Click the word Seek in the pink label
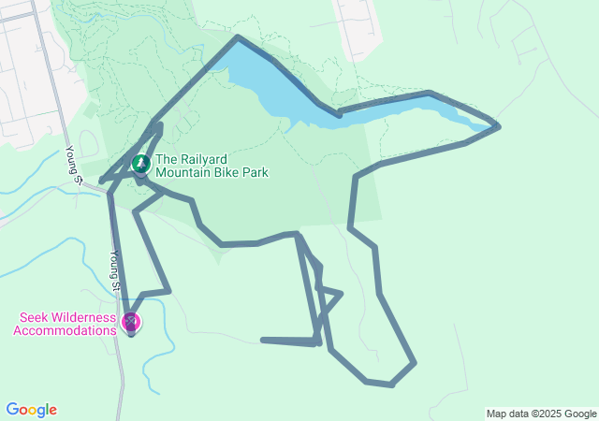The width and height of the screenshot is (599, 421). pyautogui.click(x=33, y=317)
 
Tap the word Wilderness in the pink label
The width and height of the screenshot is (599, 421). pyautogui.click(x=83, y=317)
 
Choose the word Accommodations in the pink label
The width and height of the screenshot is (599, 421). pyautogui.click(x=66, y=329)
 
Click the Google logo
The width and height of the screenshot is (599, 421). pyautogui.click(x=31, y=410)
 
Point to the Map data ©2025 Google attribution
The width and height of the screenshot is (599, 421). pyautogui.click(x=541, y=414)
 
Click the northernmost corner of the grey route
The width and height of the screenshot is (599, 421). pyautogui.click(x=238, y=37)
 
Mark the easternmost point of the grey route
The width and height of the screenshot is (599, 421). pyautogui.click(x=499, y=126)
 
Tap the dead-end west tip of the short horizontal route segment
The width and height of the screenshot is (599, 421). pyautogui.click(x=263, y=340)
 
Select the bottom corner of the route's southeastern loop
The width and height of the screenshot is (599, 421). pyautogui.click(x=390, y=385)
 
